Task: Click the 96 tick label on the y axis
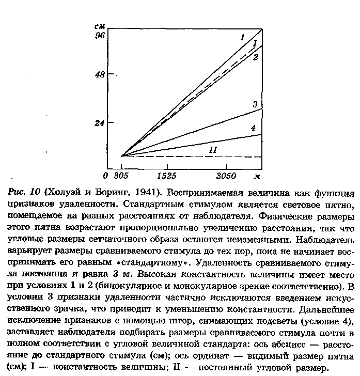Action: click(x=100, y=36)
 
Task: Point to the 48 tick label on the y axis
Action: click(x=100, y=74)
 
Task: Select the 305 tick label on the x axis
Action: click(x=121, y=176)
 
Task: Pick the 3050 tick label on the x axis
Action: click(x=226, y=176)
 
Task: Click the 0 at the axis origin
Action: click(x=106, y=176)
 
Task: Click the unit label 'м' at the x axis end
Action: click(x=256, y=176)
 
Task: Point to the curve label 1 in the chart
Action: click(x=242, y=37)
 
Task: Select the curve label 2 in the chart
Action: click(x=255, y=57)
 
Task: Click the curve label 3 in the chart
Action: click(x=255, y=105)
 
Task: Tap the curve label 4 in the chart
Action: click(x=253, y=128)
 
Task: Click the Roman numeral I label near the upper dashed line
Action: click(x=255, y=43)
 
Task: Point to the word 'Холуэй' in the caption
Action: click(x=64, y=193)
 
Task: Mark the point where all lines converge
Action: click(x=121, y=155)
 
